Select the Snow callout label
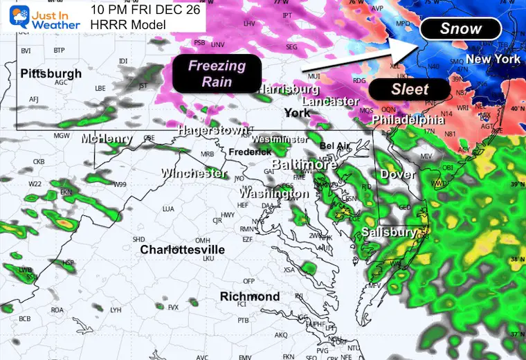coord(460,29)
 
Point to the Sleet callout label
coord(410,89)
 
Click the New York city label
coord(493,60)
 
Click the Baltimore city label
coord(305,165)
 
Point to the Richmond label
coord(250,296)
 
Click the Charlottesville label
coord(182,249)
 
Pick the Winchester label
coord(194,172)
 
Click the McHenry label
coord(106,138)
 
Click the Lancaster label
coord(330,101)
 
